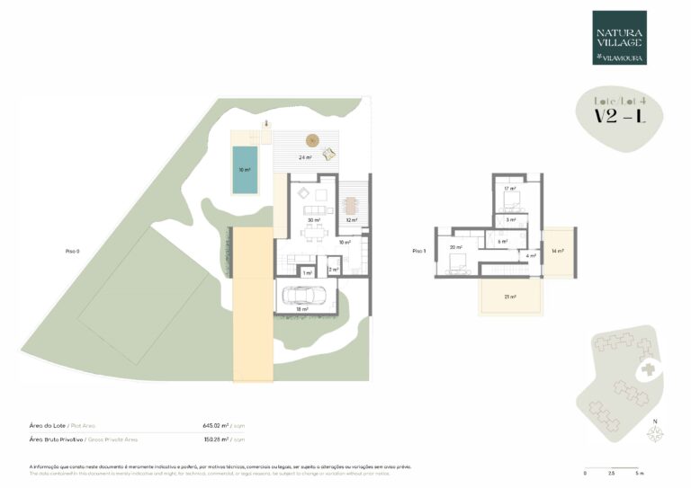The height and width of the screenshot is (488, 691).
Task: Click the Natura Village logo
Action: [x=619, y=38]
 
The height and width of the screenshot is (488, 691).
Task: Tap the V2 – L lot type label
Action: [x=618, y=117]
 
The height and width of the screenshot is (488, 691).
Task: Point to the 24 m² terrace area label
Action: [x=306, y=157]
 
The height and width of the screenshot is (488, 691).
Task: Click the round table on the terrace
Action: [x=312, y=139]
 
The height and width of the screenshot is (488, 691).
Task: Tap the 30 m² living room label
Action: [x=312, y=220]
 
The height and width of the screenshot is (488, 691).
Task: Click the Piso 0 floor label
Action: [x=73, y=251]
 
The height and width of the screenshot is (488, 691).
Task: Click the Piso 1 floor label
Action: [x=418, y=251]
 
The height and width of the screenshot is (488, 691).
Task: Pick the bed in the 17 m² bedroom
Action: [x=512, y=200]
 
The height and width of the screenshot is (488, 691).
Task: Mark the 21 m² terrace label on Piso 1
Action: [x=509, y=297]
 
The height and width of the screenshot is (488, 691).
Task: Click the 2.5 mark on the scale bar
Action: [x=612, y=472]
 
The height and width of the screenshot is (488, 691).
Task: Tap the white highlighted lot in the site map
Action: [x=647, y=369]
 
